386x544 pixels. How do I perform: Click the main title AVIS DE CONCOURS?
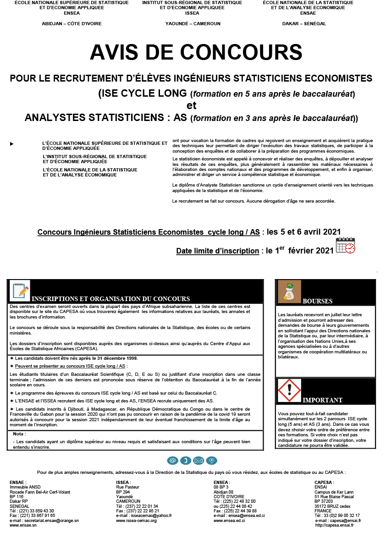point(196,53)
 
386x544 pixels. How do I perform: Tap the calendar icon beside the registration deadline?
point(345,246)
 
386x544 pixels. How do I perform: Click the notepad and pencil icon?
point(20,291)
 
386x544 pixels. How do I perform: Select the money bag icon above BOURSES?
point(289,291)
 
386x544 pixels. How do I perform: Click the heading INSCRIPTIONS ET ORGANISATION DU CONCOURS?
point(110,299)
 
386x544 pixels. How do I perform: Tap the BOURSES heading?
point(318,301)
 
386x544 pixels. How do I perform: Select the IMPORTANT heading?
point(322,400)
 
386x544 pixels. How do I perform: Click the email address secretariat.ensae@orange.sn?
point(50,521)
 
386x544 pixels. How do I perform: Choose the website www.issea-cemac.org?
point(136,521)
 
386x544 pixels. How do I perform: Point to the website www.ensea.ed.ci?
point(229,521)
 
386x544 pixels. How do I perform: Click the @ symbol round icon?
point(172,460)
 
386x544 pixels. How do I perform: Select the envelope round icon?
point(199,460)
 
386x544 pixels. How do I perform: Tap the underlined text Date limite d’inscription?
point(217,251)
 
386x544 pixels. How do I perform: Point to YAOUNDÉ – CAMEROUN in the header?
point(193,23)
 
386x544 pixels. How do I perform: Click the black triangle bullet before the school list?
point(11,144)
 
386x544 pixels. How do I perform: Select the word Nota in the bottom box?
point(19,434)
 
